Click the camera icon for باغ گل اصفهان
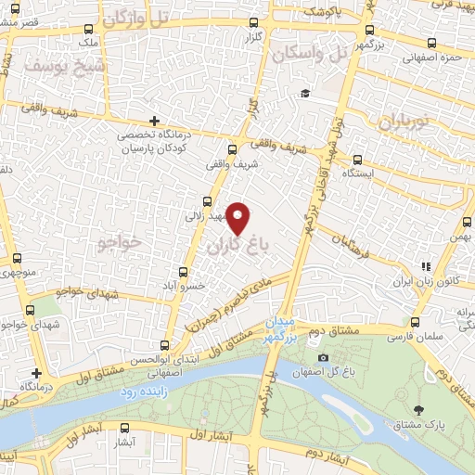323,358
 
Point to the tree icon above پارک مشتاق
419,409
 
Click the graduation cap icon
303,94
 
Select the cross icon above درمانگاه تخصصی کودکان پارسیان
155,121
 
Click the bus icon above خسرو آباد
183,272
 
